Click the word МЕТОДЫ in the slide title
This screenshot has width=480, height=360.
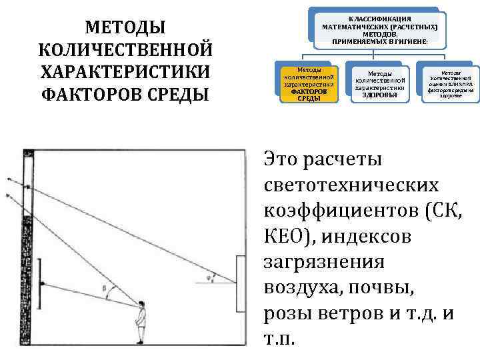[x=125, y=29]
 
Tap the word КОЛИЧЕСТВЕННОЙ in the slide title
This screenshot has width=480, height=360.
[x=125, y=50]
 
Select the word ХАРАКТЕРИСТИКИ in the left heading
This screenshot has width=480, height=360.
[x=125, y=71]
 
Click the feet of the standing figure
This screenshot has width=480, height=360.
[x=140, y=342]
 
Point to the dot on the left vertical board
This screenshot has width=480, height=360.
[x=42, y=284]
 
